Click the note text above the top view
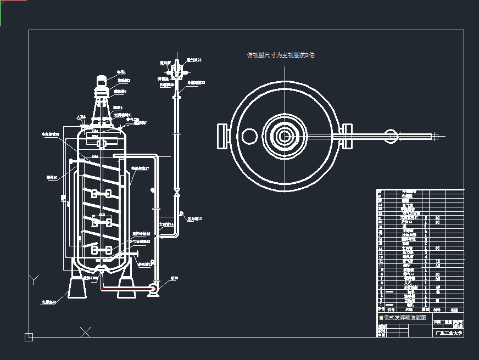point(280,55)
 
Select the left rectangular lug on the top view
point(223,136)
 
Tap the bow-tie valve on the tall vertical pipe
point(176,193)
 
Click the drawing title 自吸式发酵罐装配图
point(403,317)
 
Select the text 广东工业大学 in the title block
point(449,333)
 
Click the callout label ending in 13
point(195,219)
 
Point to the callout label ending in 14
point(166,224)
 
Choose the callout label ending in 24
point(194,60)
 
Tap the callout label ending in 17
point(140,168)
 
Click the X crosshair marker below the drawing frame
point(85,331)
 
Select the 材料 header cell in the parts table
point(437,310)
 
